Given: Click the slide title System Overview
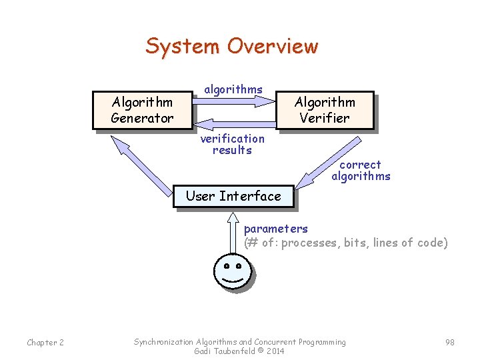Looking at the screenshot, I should click(x=231, y=47).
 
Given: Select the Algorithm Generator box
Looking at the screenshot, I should click(x=142, y=110).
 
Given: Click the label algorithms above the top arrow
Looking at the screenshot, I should click(x=233, y=89).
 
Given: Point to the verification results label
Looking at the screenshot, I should click(x=232, y=144).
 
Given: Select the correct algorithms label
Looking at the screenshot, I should click(x=361, y=170).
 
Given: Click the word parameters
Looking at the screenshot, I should click(x=275, y=229).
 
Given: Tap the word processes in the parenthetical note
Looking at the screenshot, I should click(x=311, y=243).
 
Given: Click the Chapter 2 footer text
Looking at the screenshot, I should click(x=45, y=343).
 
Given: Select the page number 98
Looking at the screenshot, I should click(x=449, y=343).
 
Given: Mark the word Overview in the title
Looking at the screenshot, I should click(x=272, y=47).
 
